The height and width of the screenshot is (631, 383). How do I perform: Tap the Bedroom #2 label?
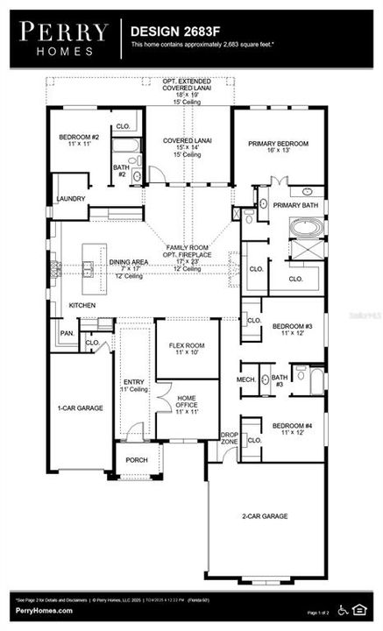click(79, 138)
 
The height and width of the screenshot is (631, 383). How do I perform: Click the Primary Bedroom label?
click(281, 144)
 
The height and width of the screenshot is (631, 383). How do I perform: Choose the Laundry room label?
click(71, 199)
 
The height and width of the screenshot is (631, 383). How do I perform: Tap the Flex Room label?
click(186, 345)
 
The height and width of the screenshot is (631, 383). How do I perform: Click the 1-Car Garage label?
click(81, 408)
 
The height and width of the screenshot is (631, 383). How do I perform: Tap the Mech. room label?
click(246, 379)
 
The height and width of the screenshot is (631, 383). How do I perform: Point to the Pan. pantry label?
click(66, 333)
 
